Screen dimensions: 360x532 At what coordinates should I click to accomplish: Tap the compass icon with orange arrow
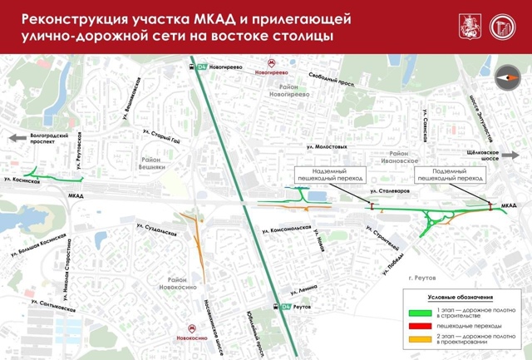coord(507,77)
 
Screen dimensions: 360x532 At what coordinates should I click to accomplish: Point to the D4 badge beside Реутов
coord(287,307)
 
